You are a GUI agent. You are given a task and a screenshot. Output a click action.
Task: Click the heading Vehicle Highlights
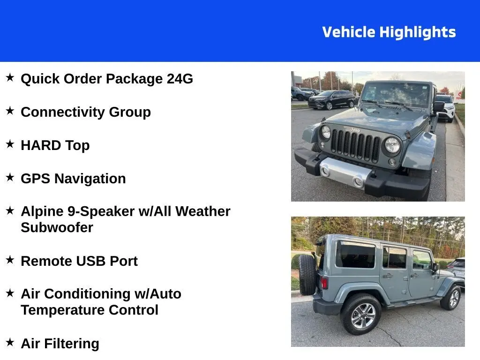[389, 32]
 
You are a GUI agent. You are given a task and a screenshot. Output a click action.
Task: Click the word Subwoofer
[57, 228]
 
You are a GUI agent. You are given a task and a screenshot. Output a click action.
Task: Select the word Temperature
[62, 310]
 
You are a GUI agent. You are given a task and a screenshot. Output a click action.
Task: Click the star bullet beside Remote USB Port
[10, 260]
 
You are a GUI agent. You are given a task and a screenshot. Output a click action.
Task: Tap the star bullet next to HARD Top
[10, 144]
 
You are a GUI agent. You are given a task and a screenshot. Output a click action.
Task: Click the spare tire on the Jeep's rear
[307, 274]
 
